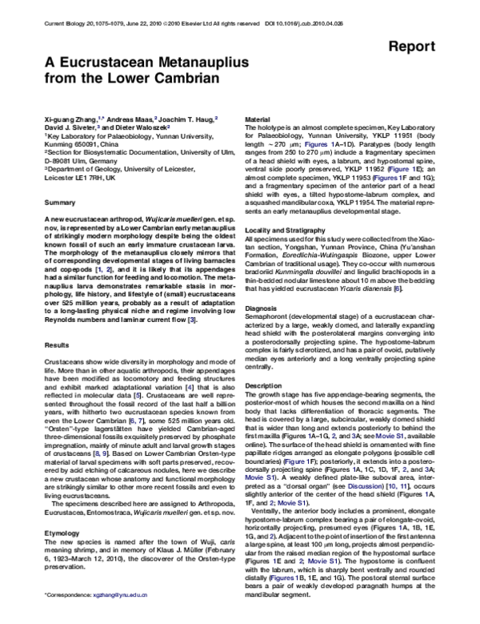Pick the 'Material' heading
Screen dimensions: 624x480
tap(256, 118)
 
